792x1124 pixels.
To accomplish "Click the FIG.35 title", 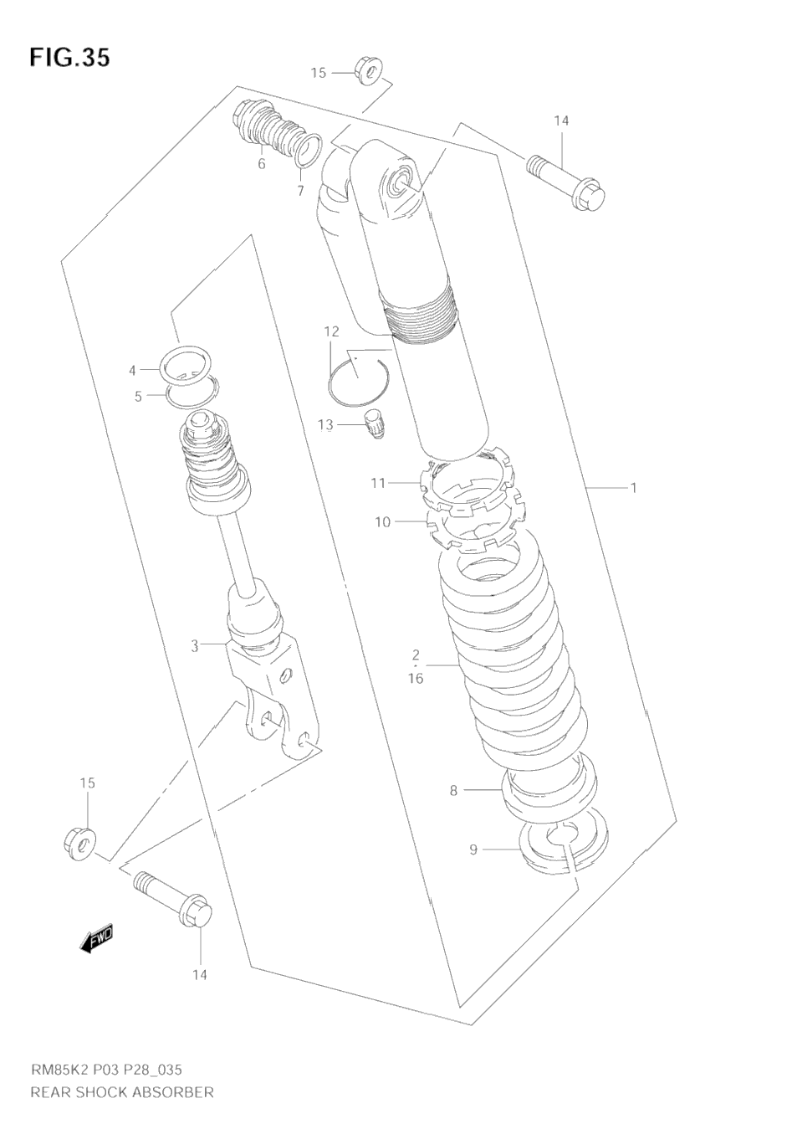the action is (x=69, y=58).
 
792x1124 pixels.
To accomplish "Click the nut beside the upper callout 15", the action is (x=369, y=72).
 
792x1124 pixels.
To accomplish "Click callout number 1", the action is (x=633, y=487).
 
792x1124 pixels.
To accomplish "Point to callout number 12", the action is (x=331, y=331).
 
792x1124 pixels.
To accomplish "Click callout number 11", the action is (x=379, y=483).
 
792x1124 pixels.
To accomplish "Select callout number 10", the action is (x=382, y=522).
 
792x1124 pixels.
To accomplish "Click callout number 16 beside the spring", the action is (x=416, y=679).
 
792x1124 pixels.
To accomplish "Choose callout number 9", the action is (x=473, y=850).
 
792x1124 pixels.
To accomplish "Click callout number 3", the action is (x=195, y=646).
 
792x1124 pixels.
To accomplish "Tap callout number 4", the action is (x=132, y=370).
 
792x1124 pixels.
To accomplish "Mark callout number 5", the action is (x=138, y=397).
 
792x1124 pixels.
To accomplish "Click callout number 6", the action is (x=262, y=163).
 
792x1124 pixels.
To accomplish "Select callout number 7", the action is (x=300, y=191).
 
